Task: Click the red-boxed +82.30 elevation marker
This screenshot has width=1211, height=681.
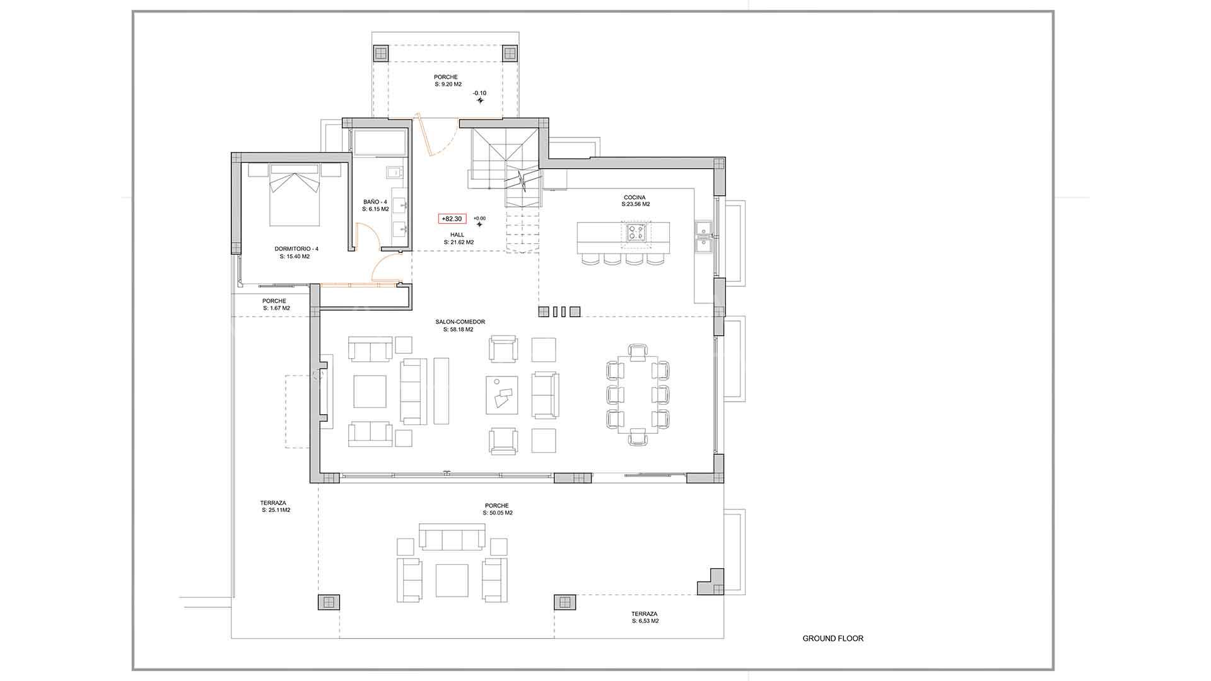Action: [x=452, y=219]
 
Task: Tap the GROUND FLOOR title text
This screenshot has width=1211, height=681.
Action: [x=833, y=638]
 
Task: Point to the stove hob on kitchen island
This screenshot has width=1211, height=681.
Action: [x=635, y=232]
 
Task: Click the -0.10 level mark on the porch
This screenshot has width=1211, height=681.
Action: [x=480, y=93]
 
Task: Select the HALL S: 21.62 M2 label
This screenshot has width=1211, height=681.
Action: [x=458, y=238]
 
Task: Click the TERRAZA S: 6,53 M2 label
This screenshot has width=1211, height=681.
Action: [x=645, y=617]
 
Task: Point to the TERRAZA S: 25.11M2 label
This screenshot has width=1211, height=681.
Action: [x=276, y=506]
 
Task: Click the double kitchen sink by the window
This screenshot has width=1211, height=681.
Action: [x=703, y=236]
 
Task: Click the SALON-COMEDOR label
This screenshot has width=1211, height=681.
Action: [x=460, y=325]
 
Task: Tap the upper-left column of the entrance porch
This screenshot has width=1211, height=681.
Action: [x=381, y=53]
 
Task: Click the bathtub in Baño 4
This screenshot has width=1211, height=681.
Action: [x=380, y=143]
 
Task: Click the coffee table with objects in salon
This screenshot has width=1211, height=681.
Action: [x=501, y=395]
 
